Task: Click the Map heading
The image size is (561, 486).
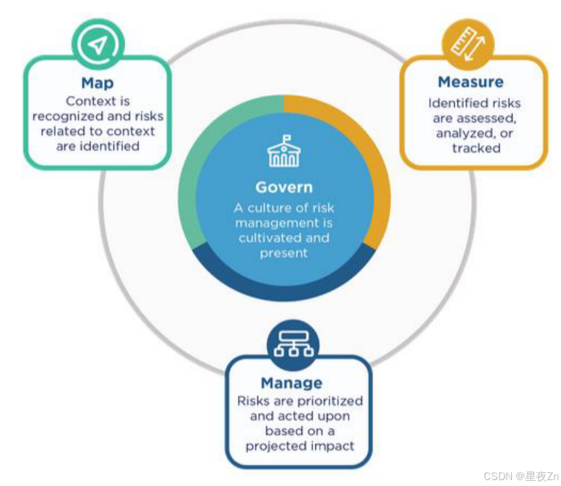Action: click(x=97, y=83)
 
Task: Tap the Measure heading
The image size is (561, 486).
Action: click(x=471, y=82)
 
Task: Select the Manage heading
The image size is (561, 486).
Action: click(x=291, y=383)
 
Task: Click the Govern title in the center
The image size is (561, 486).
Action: click(x=284, y=187)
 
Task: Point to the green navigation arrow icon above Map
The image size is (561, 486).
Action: click(x=98, y=45)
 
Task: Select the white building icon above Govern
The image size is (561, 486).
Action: click(x=284, y=152)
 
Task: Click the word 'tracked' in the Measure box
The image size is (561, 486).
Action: click(x=476, y=148)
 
